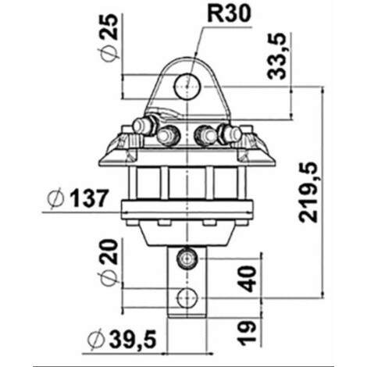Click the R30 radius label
[230, 14]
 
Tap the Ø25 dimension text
[109, 38]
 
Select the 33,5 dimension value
[276, 56]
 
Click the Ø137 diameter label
[77, 198]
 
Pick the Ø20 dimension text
[109, 263]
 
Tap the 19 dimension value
[246, 333]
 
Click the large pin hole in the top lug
[187, 87]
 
